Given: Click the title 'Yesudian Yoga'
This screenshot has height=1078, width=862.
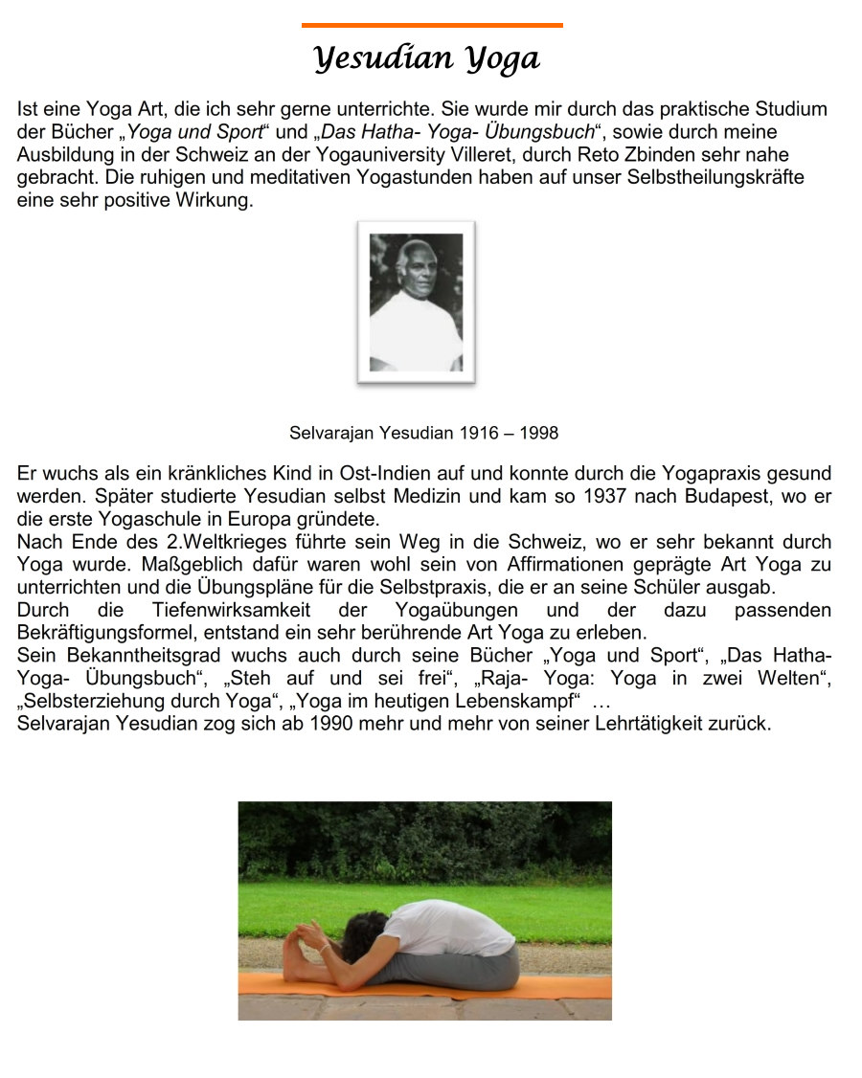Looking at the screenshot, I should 427,59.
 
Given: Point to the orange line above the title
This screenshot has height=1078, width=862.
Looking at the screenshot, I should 432,26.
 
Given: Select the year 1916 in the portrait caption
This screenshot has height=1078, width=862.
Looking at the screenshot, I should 479,433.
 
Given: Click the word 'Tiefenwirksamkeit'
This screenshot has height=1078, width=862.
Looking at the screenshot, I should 224,611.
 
